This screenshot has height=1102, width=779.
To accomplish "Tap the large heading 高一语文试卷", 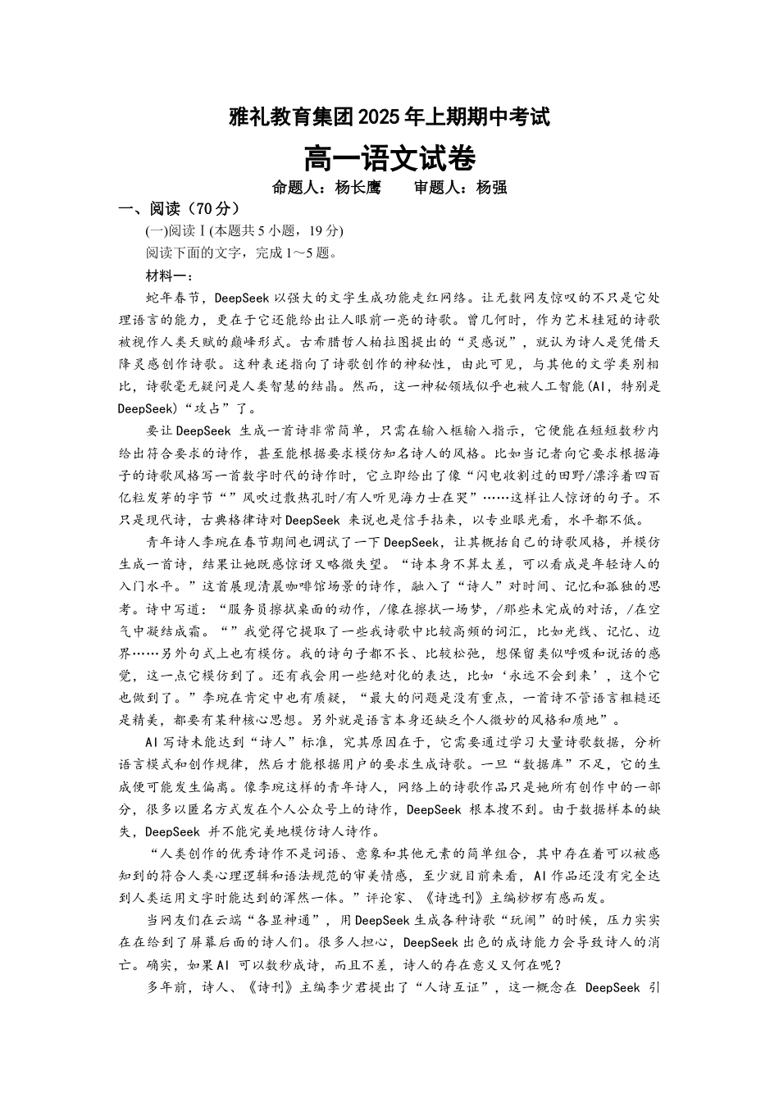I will click(x=389, y=157).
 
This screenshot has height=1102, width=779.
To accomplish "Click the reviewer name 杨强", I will click(x=491, y=187).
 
